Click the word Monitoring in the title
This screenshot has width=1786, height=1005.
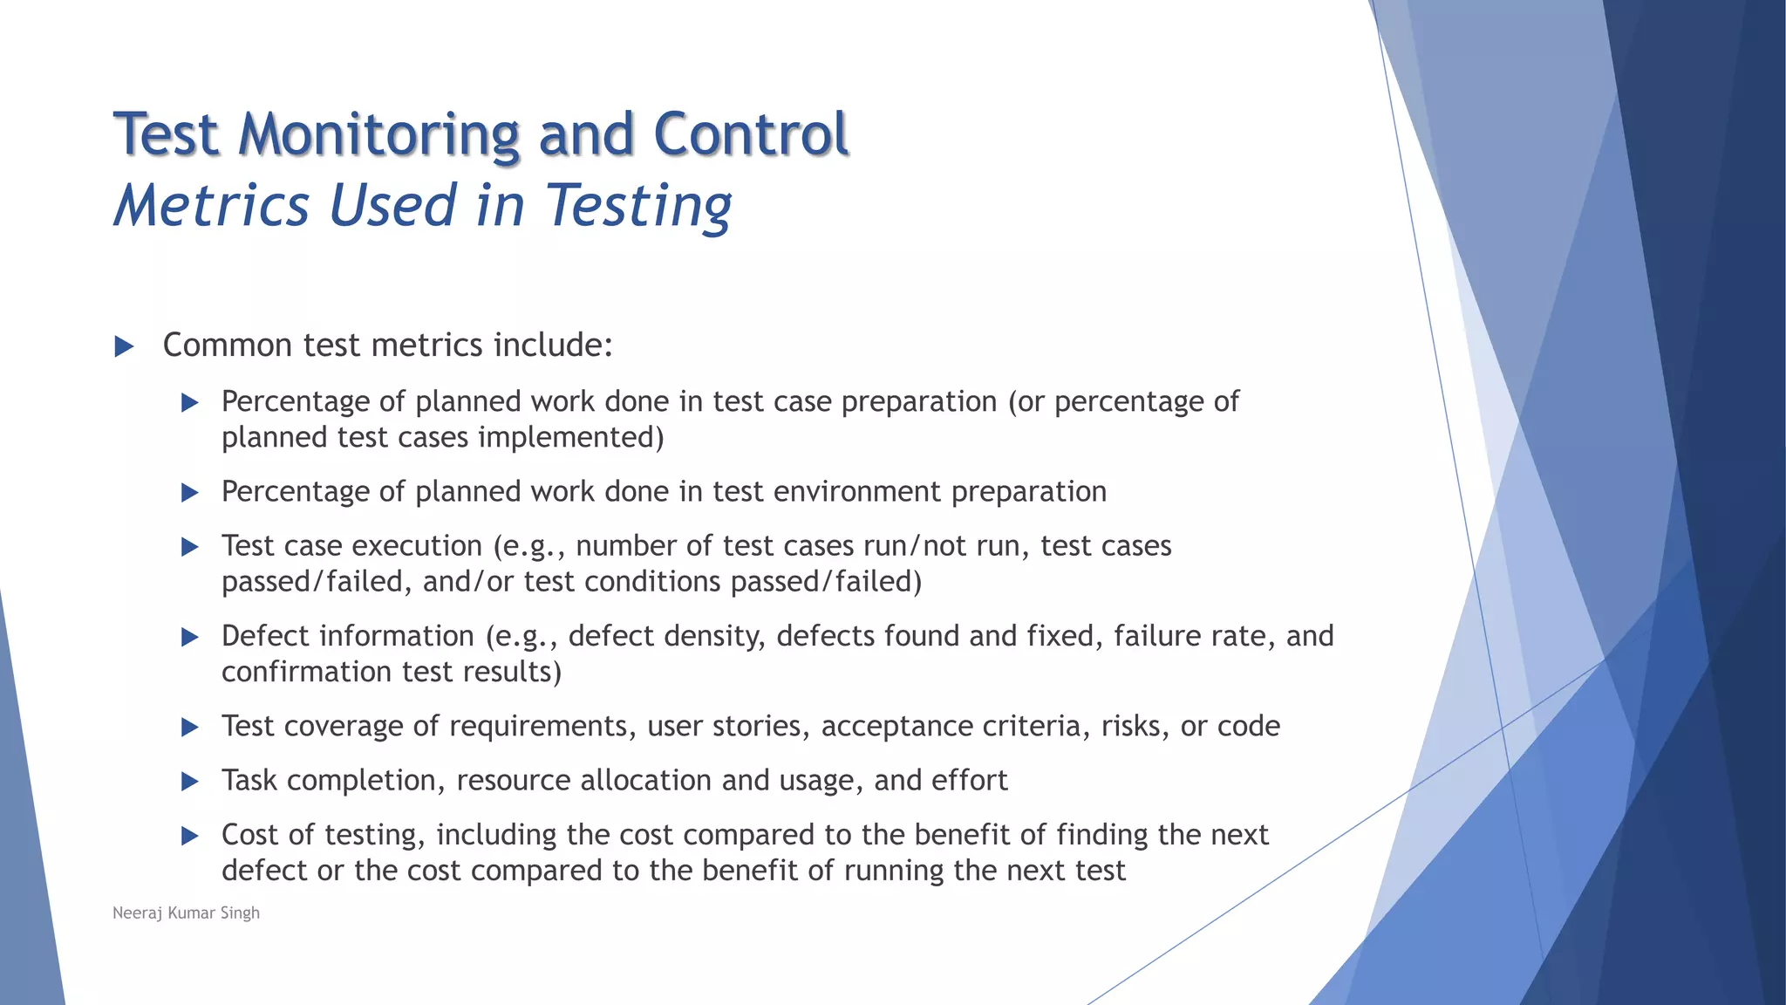pyautogui.click(x=378, y=135)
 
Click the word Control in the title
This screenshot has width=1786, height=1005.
pyautogui.click(x=750, y=135)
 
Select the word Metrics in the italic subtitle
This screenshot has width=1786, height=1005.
pyautogui.click(x=212, y=206)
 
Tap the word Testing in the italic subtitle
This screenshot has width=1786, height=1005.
pyautogui.click(x=638, y=208)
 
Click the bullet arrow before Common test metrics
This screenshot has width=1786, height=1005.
pyautogui.click(x=124, y=346)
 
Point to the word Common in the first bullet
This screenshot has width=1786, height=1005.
pyautogui.click(x=228, y=345)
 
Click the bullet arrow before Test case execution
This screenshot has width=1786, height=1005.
pyautogui.click(x=189, y=548)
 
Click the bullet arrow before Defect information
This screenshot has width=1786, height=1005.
pyautogui.click(x=189, y=638)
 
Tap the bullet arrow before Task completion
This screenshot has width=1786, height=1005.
pyautogui.click(x=189, y=782)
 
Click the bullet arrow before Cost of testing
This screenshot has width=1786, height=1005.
pyautogui.click(x=189, y=837)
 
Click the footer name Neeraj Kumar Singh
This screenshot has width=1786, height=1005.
pyautogui.click(x=186, y=913)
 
